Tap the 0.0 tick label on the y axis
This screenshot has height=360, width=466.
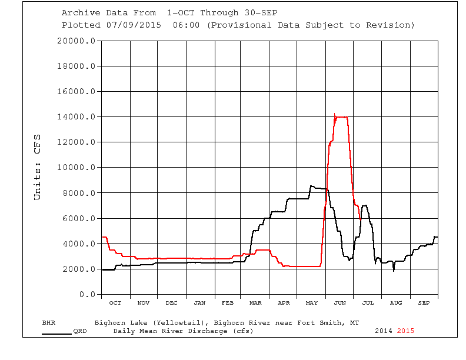(x=86, y=295)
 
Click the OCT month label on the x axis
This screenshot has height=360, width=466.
(x=115, y=303)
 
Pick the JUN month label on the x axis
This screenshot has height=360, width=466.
(x=339, y=303)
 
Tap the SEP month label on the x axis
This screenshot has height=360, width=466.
(x=424, y=303)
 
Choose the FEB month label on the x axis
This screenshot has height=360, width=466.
(x=228, y=303)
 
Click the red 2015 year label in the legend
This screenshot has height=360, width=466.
(x=405, y=331)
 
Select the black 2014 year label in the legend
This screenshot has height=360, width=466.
(x=384, y=331)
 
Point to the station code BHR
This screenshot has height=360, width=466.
(x=49, y=323)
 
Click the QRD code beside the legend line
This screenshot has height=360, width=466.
(x=80, y=331)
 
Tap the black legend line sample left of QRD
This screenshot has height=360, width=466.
(x=56, y=334)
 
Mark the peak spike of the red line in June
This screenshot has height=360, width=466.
(x=334, y=114)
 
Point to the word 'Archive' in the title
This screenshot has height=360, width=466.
(x=79, y=13)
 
